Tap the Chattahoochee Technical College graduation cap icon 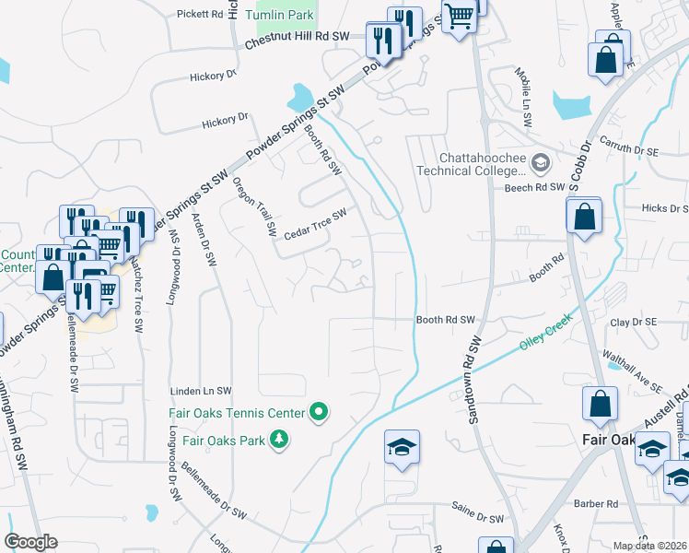tap(541, 163)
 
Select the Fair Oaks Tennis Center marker tap(320, 412)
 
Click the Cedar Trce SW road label tap(315, 222)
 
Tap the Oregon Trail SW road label tap(255, 204)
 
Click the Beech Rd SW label tap(533, 187)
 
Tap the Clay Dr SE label tap(633, 322)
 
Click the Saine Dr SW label tap(477, 507)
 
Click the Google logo tap(31, 541)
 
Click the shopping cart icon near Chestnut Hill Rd tap(459, 15)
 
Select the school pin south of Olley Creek tap(402, 448)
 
